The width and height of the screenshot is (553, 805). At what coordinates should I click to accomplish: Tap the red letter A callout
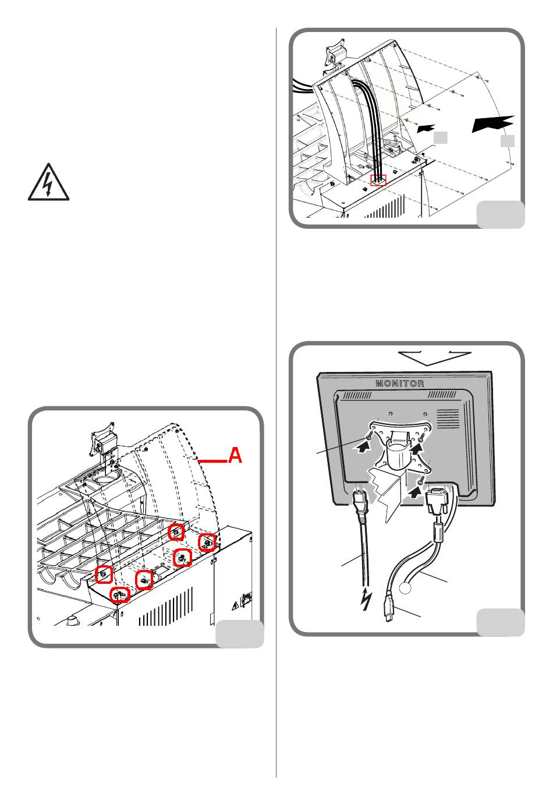pos(235,455)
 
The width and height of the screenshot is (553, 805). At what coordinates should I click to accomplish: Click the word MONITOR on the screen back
pos(399,383)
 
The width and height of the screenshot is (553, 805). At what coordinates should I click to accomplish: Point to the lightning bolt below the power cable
pos(366,599)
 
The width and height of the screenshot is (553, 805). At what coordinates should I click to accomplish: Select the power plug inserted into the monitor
pos(361,501)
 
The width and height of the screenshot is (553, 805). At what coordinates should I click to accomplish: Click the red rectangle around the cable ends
pos(378,180)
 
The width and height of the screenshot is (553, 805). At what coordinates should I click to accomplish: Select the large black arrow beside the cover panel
pos(494,123)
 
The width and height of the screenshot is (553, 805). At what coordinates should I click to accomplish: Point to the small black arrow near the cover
pos(426,128)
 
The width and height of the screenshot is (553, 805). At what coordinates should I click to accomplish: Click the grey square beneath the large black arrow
pos(508,141)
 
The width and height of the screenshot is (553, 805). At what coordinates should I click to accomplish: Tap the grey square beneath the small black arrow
pos(441,137)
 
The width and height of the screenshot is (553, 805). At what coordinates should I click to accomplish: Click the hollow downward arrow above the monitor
pos(435,358)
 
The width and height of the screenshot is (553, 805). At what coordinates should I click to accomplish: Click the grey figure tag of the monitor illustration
pos(501,622)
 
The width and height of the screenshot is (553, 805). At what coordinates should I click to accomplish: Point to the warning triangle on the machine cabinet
pos(235,606)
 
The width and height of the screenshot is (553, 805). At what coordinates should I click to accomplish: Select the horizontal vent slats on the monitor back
pos(448,419)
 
